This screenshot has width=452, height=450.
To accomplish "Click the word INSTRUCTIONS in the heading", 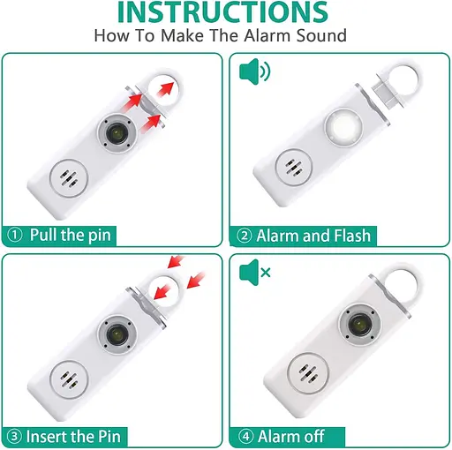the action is pos(222,11).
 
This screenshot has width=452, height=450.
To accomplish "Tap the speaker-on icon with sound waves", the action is pos(255,71).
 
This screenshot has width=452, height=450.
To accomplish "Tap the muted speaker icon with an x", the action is pos(255,273).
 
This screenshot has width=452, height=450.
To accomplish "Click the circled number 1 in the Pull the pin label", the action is pos(15,235).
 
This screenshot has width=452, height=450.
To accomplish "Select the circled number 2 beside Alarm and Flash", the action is pos(245,236).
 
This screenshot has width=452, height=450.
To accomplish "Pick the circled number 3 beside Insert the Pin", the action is pos(14,437).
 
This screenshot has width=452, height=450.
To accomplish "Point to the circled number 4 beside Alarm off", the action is pos(245,437).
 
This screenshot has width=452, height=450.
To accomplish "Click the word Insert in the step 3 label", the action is pos(45,437).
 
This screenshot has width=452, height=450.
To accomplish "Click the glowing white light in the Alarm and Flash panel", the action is pos(343,128).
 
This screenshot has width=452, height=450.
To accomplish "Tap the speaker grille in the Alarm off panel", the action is pos(307,373).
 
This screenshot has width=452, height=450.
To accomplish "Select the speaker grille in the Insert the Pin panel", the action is pos(69,379).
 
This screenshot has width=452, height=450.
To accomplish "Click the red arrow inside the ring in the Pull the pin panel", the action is pos(165,89).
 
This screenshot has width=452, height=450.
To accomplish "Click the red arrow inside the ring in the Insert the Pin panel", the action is pos(162,291).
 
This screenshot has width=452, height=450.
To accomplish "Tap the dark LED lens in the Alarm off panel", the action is pos(359,325).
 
